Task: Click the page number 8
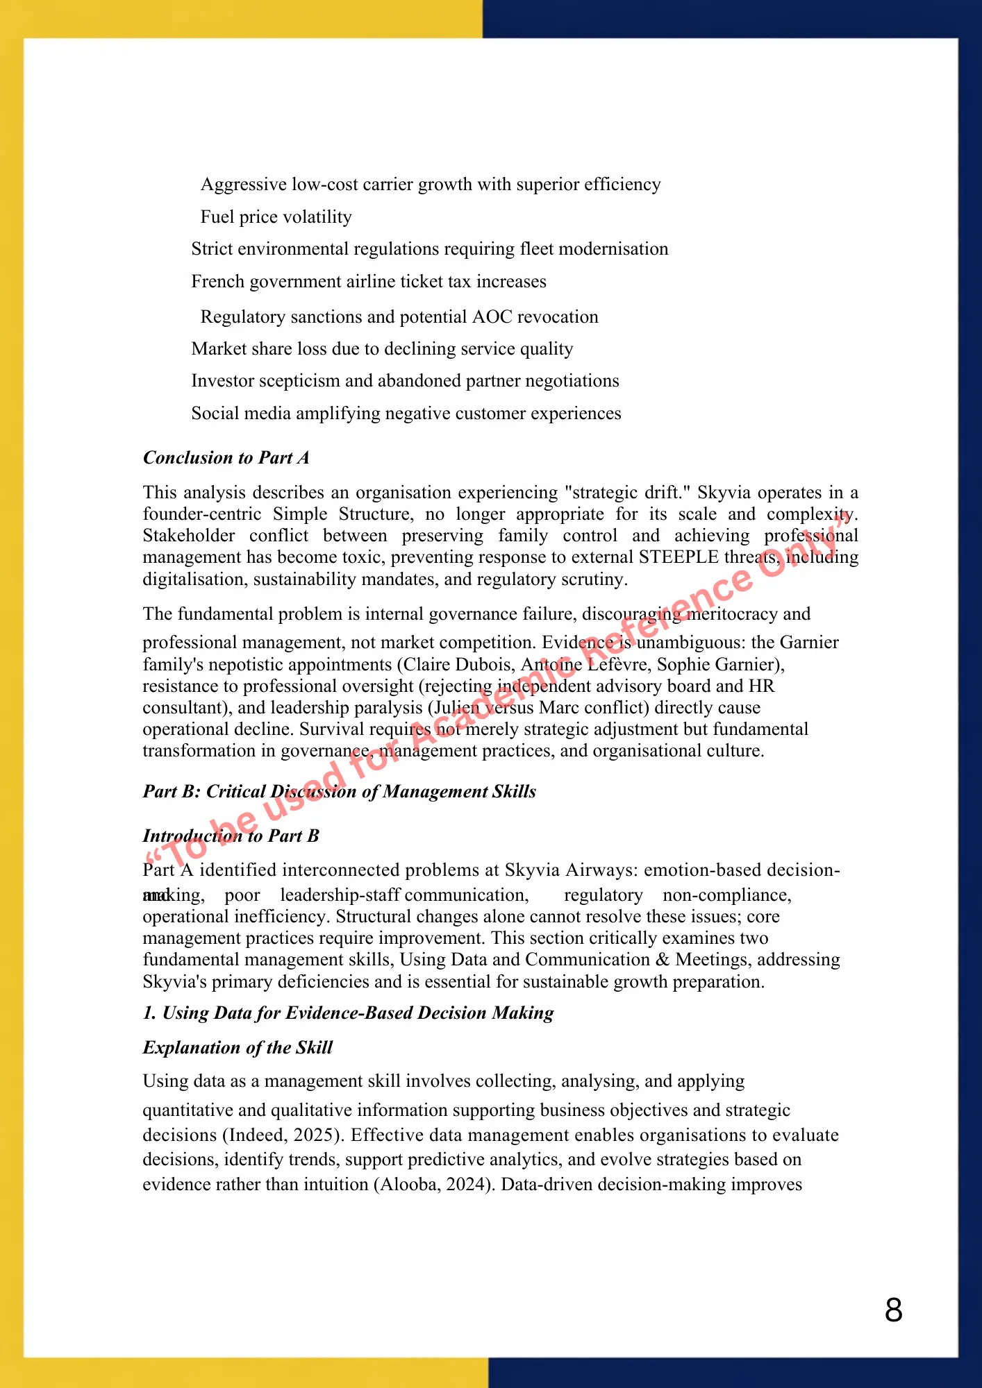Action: tap(894, 1310)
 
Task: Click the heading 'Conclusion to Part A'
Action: tap(226, 458)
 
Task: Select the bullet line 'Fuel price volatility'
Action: tap(276, 217)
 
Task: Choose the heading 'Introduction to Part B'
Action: tap(231, 836)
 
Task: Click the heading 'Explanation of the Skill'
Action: tap(238, 1047)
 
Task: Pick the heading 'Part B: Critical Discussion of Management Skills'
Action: tap(339, 792)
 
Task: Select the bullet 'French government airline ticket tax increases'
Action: tap(368, 282)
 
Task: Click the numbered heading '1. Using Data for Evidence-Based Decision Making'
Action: tap(348, 1013)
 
